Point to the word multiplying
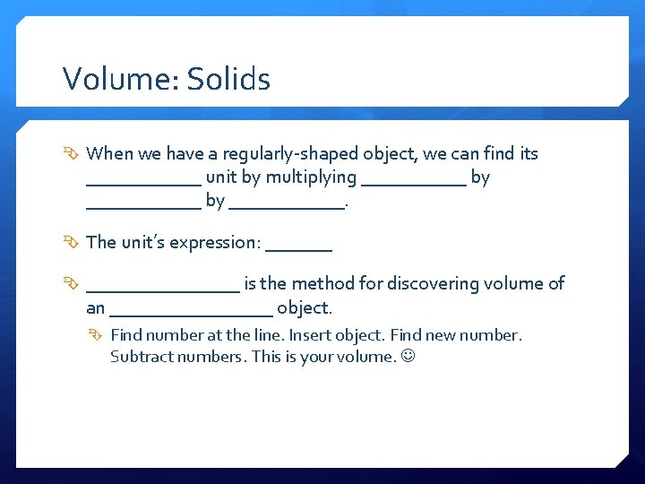(x=311, y=177)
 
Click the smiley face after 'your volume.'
(x=411, y=357)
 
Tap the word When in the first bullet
(x=110, y=153)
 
